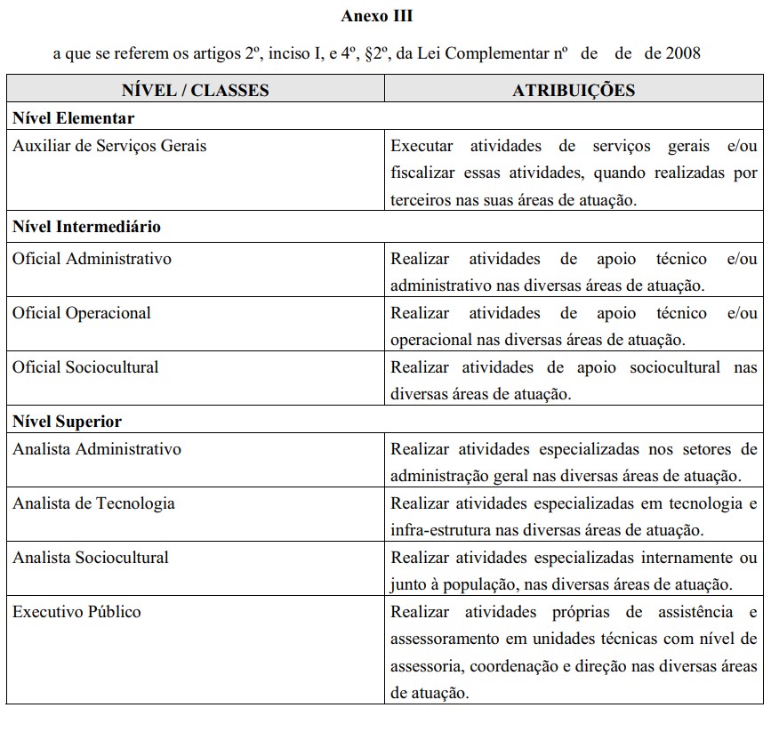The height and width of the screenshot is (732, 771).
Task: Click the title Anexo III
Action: tap(376, 16)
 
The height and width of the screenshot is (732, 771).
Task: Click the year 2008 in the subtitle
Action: tap(683, 53)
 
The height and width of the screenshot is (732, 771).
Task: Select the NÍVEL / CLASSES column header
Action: tap(196, 90)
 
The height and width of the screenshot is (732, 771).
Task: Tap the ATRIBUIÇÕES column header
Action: tap(574, 90)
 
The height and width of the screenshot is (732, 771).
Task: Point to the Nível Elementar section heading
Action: tap(74, 118)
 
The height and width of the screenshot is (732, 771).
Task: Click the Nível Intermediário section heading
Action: tap(87, 227)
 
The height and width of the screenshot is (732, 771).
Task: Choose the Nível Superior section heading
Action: tap(68, 422)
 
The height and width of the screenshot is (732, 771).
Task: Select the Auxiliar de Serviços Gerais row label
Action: tap(109, 145)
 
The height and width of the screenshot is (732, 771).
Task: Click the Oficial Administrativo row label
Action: tap(92, 259)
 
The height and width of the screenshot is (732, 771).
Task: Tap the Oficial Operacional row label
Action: tap(82, 313)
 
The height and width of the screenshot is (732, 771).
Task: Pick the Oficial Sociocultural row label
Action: tap(86, 367)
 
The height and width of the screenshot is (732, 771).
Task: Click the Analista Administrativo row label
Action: tap(97, 449)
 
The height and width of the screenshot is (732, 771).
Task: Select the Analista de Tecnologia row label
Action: tap(93, 503)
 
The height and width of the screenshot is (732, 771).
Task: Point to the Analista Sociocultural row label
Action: tap(91, 558)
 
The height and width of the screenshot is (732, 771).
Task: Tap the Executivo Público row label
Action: tap(76, 612)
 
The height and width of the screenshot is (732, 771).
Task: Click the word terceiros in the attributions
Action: tap(422, 200)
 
